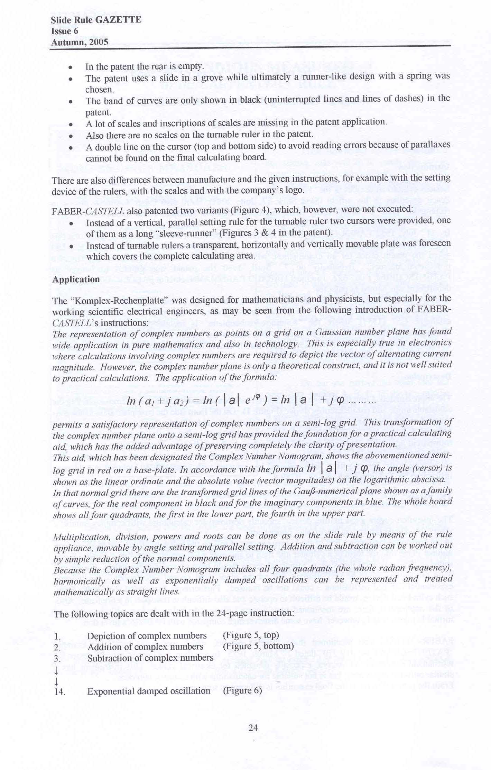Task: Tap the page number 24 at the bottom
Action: click(253, 728)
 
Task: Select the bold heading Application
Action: click(76, 279)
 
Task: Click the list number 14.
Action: click(59, 691)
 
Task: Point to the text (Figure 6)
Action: click(242, 690)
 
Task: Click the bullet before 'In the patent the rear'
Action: click(71, 67)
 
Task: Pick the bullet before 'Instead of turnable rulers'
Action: click(71, 246)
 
